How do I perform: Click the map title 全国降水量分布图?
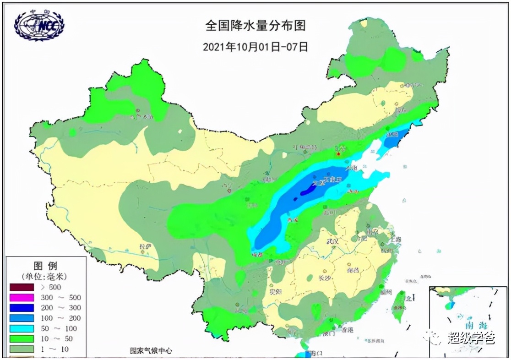tap(255, 26)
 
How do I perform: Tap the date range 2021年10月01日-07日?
tap(255, 47)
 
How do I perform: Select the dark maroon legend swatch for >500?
tap(21, 287)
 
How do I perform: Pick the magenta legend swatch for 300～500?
tap(21, 298)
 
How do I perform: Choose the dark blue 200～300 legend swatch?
tap(21, 308)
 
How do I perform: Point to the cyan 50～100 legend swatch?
tap(21, 328)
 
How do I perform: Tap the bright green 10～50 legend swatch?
tap(21, 339)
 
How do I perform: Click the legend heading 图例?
tap(46, 266)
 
